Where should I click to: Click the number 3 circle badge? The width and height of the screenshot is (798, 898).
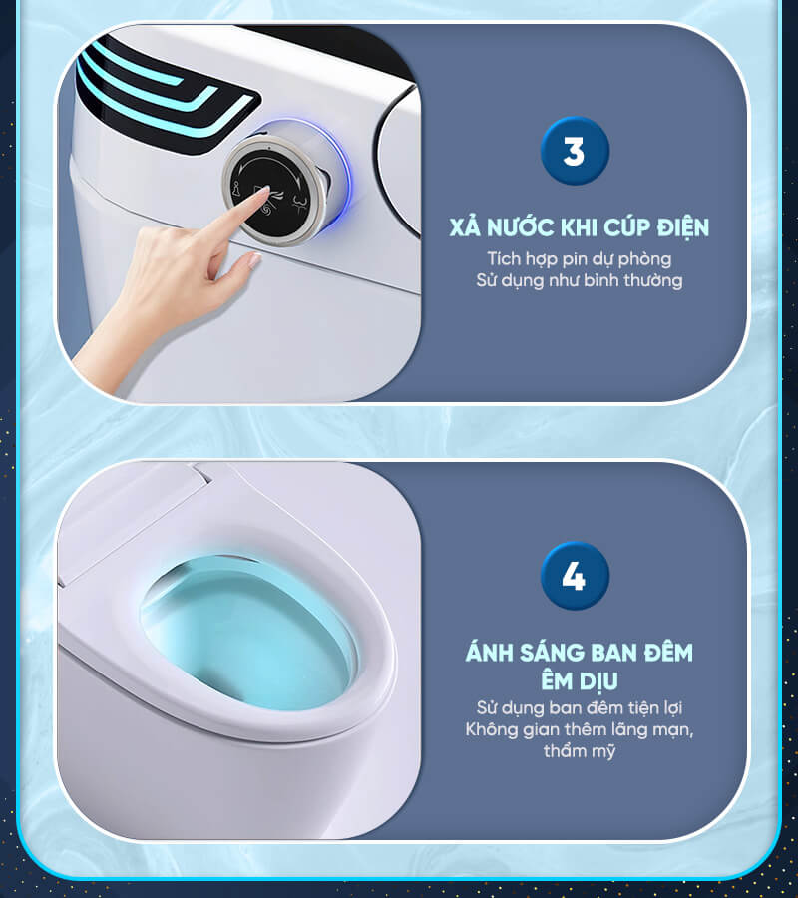575,151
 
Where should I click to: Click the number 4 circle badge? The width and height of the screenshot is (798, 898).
575,576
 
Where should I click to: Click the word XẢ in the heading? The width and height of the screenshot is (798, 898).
464,226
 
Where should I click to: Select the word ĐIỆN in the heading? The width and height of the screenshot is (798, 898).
682,227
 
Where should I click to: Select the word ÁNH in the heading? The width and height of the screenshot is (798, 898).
489,652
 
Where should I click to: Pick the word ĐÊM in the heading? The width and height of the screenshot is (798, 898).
668,652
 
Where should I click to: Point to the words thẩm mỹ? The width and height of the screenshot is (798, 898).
579,751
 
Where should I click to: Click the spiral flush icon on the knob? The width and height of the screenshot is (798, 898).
266,212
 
